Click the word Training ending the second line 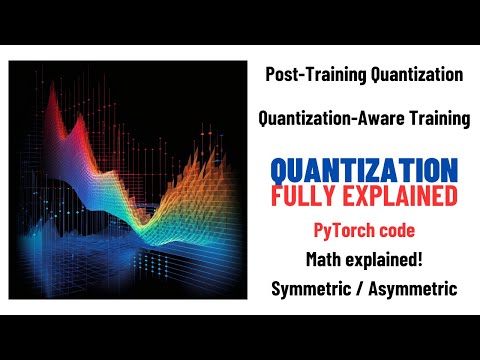click(x=436, y=120)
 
